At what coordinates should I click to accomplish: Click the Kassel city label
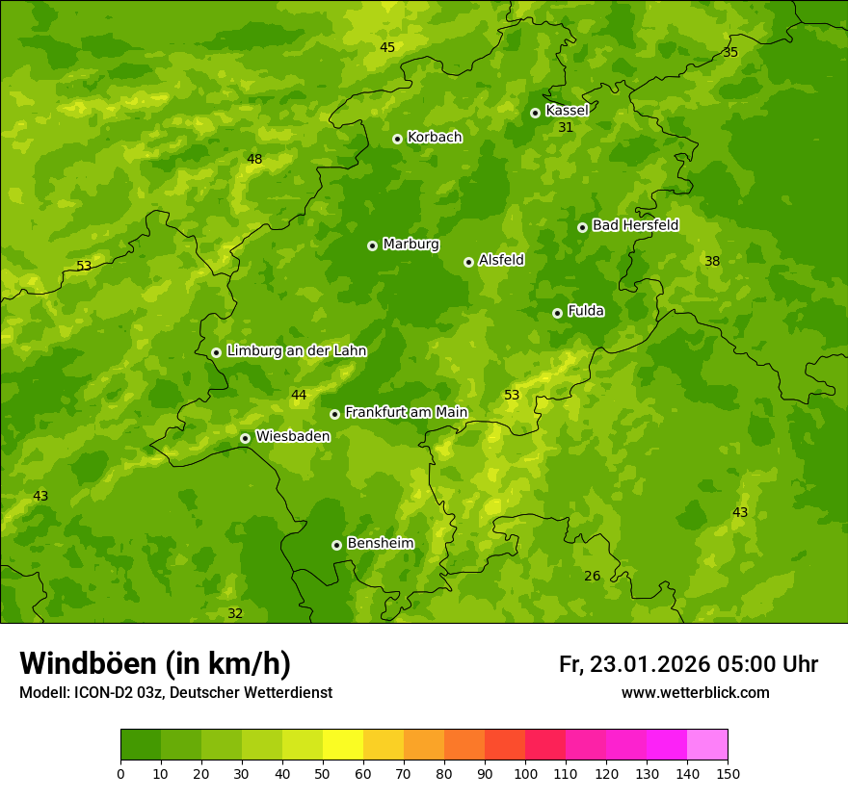[567, 111]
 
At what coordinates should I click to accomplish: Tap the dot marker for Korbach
[397, 139]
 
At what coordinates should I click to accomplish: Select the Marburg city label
[411, 245]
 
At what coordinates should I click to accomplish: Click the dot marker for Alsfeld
[468, 262]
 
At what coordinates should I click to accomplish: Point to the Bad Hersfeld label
[635, 225]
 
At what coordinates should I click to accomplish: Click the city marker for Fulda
[557, 313]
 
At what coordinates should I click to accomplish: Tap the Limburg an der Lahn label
[296, 351]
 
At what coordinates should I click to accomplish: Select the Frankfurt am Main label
[406, 412]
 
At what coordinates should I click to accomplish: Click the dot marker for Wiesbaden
[245, 438]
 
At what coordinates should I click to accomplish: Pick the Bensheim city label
[380, 543]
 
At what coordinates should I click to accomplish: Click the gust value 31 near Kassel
[566, 127]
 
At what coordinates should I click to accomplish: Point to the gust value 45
[387, 47]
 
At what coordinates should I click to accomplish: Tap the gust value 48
[254, 159]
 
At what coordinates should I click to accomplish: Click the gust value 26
[592, 576]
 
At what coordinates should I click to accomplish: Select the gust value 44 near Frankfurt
[299, 395]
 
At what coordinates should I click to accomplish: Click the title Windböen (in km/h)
[155, 663]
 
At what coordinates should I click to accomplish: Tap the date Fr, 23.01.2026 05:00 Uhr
[688, 664]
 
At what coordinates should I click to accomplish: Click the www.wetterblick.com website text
[695, 692]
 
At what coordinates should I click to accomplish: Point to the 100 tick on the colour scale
[525, 773]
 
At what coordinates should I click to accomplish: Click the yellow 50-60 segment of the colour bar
[343, 745]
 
